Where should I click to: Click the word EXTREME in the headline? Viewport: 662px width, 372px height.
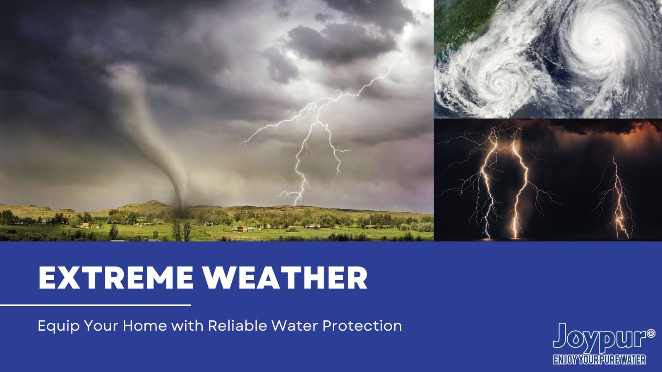tap(116, 278)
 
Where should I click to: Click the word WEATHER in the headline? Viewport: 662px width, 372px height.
tap(286, 278)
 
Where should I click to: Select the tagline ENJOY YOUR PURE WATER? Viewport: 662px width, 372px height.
tap(600, 360)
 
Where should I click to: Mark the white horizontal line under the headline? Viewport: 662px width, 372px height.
tap(96, 305)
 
